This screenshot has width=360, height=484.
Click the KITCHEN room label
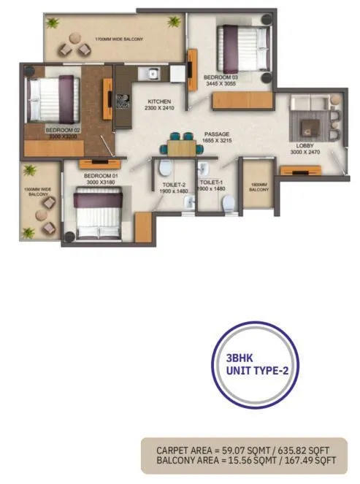pyautogui.click(x=159, y=101)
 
